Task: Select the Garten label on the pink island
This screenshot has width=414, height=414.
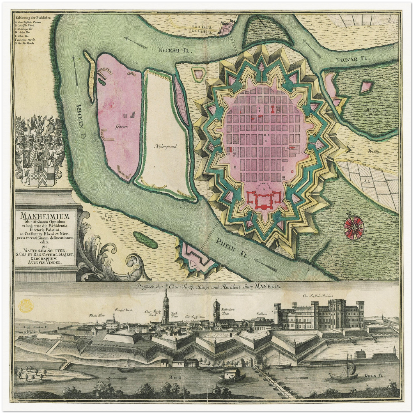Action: [x=121, y=126]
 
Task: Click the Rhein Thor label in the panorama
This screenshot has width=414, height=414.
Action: [x=96, y=316]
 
